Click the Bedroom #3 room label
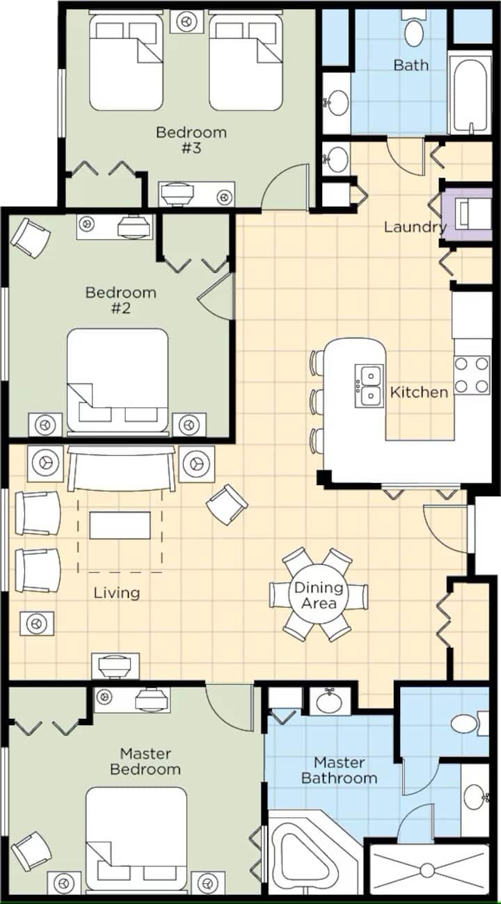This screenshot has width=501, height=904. pyautogui.click(x=191, y=140)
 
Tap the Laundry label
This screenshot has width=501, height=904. pyautogui.click(x=415, y=227)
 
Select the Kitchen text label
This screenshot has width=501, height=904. pyautogui.click(x=419, y=392)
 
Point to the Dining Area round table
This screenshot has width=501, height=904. pyautogui.click(x=319, y=595)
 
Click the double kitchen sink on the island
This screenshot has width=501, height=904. pyautogui.click(x=369, y=386)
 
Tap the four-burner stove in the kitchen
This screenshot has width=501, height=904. pyautogui.click(x=472, y=375)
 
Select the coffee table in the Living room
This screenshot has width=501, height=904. pyautogui.click(x=120, y=525)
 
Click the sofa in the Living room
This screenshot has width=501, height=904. pyautogui.click(x=121, y=468)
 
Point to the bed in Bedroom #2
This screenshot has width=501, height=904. pyautogui.click(x=118, y=381)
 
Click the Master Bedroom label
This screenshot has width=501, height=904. pyautogui.click(x=145, y=761)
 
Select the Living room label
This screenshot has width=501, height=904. pyautogui.click(x=117, y=593)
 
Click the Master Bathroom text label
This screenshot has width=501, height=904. pyautogui.click(x=340, y=770)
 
